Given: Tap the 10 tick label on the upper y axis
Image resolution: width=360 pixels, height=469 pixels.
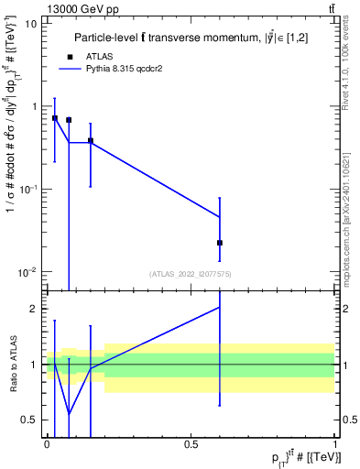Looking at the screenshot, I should [31, 24].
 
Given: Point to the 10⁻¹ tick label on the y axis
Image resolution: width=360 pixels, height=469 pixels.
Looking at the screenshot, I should [28, 189].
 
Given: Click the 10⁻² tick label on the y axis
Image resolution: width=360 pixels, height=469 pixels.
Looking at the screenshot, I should [28, 272].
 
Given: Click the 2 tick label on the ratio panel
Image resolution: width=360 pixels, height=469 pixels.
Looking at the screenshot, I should [34, 309].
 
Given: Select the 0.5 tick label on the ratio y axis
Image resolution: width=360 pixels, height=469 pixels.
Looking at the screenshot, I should [29, 420].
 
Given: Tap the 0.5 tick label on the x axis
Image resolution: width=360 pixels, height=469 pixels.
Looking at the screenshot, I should [191, 443].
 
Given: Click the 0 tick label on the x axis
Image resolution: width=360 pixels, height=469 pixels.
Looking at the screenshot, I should [47, 443].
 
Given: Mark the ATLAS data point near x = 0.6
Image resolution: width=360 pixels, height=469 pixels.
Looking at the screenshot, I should [220, 243].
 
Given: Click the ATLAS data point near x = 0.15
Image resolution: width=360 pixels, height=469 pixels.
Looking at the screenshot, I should [91, 141].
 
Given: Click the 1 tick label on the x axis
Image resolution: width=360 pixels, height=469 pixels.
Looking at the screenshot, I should [336, 443].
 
